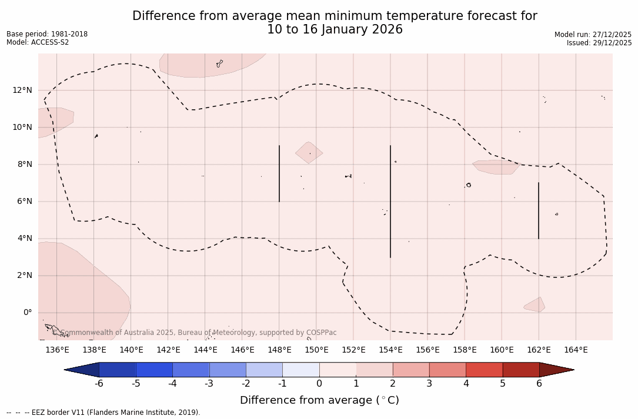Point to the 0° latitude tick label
[x=27, y=313]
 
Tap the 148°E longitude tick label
[x=279, y=350]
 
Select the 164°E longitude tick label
[x=576, y=350]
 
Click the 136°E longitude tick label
[x=57, y=350]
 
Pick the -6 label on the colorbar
[x=99, y=384]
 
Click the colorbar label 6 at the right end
[x=539, y=384]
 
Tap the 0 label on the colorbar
[x=319, y=384]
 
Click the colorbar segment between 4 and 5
[x=484, y=370]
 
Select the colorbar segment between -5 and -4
[x=154, y=370]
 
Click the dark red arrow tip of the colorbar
[x=556, y=370]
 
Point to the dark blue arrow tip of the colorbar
[x=82, y=370]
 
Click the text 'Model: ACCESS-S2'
[x=38, y=42]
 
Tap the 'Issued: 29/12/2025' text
[x=599, y=43]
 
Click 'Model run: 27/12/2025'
[x=593, y=35]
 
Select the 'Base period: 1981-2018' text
[x=47, y=34]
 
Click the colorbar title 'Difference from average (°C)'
[x=319, y=400]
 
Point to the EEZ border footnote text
[x=103, y=413]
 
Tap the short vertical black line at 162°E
[x=539, y=210]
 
